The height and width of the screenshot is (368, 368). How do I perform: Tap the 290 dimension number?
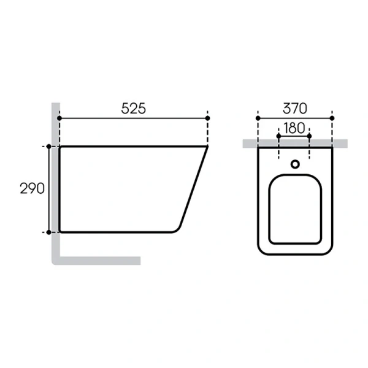pos(32,188)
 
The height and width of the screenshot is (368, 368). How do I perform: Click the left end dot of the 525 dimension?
pos(59,117)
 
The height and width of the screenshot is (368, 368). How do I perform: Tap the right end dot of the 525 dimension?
pos(208,117)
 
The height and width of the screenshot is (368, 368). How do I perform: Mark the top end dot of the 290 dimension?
pos(48,147)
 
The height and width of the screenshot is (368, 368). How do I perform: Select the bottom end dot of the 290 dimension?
pos(48,232)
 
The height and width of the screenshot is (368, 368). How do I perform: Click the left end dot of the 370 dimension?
pos(258,117)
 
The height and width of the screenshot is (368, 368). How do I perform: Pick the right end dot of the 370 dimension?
pos(332,117)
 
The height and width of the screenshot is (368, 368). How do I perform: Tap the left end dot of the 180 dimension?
pos(279,136)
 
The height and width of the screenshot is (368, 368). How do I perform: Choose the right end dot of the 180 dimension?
pos(309,136)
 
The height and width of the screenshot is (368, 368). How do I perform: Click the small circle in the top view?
pos(295,164)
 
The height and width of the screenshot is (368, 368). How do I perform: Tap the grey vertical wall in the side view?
pos(55,184)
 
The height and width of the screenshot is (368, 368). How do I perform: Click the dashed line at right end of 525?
pos(208,132)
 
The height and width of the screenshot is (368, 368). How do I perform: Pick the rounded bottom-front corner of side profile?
pos(177,229)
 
